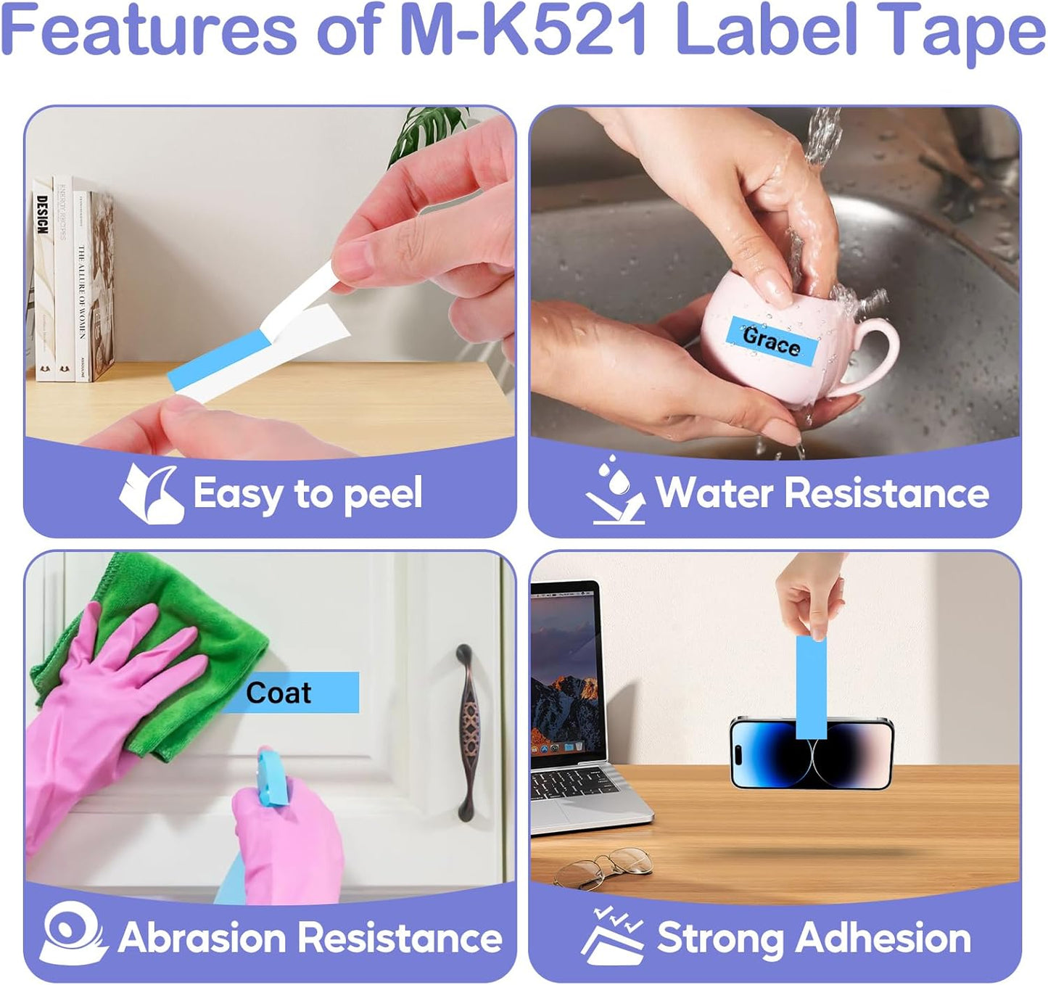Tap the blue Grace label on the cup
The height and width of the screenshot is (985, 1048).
pos(772,339)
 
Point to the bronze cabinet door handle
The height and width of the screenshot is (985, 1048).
pos(469,733)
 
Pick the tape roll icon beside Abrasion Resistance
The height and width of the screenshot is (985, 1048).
pos(73,934)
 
